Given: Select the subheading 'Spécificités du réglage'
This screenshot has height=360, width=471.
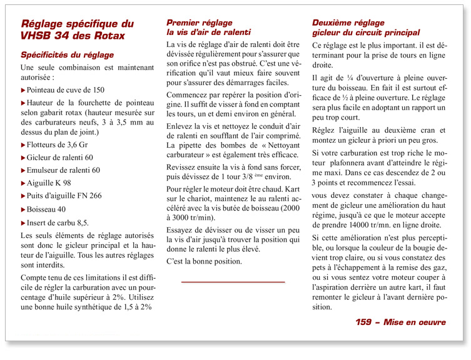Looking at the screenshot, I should tap(67, 54).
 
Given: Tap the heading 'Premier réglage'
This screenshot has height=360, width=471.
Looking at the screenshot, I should tap(199, 23).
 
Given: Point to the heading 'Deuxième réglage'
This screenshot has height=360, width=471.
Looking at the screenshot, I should tap(348, 23).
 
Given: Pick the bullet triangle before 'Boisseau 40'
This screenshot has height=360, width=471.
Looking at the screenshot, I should tap(23, 209).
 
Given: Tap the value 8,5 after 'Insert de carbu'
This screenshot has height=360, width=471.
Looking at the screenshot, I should tap(82, 222).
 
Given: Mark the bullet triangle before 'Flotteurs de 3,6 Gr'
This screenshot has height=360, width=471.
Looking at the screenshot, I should tap(23, 143).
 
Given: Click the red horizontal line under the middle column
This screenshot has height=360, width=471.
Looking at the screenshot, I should tap(233, 282).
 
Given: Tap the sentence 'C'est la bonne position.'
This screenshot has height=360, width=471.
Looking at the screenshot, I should tap(204, 262).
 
